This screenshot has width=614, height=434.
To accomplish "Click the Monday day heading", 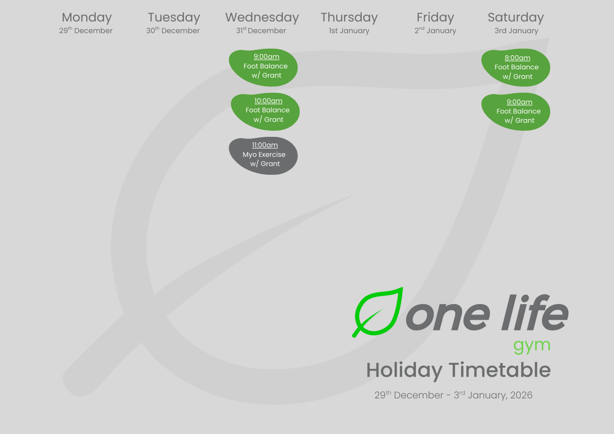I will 87,18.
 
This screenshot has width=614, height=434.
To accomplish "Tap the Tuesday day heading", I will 174,18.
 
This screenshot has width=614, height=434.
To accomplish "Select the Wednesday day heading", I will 262,18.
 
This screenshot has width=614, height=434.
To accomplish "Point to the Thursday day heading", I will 349,18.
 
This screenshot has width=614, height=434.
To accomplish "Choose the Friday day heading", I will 435,18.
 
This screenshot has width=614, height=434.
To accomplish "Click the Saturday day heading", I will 516,18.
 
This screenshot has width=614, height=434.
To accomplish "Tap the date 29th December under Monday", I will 86,31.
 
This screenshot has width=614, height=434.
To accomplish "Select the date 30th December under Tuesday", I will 173,31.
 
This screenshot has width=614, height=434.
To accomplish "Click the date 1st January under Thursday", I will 349,31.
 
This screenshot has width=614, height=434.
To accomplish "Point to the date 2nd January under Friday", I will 435,31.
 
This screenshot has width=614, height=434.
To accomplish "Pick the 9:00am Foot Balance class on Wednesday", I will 264,67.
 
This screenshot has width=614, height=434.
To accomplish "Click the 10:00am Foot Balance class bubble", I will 265,111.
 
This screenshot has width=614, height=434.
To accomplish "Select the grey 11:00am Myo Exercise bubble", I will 264,155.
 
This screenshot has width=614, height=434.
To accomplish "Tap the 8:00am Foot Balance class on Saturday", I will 516,67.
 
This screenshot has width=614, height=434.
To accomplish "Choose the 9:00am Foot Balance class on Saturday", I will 516,111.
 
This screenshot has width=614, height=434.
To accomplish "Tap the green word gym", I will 532,345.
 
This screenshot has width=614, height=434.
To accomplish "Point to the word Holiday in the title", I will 404,370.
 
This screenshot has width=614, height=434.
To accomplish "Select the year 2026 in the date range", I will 521,395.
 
